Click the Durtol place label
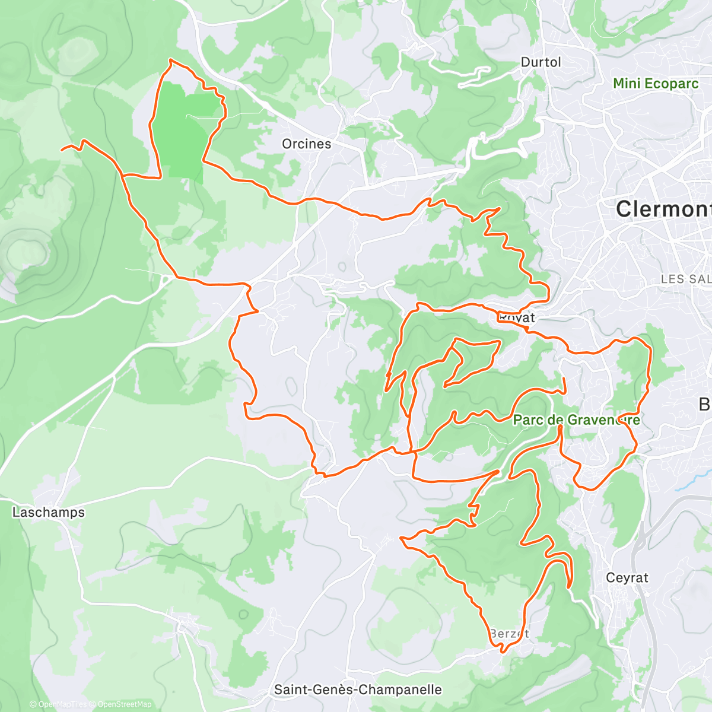point(540,62)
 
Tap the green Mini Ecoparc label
point(656,84)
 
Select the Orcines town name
point(306,144)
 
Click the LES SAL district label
point(686,279)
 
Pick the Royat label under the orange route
point(517,318)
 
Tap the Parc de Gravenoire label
point(576,420)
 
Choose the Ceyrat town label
point(627,577)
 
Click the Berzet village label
point(510,634)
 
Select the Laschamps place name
point(49,512)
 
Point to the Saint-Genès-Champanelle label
point(358,689)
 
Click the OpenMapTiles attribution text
point(62,704)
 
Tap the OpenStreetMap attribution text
point(124,704)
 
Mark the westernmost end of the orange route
point(62,150)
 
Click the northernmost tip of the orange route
point(171,59)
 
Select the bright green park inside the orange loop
point(184,131)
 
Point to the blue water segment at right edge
point(688,484)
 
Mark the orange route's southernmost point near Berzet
point(503,652)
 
